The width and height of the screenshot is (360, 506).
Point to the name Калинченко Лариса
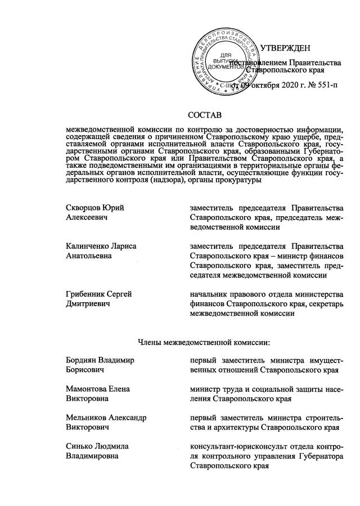tap(101, 246)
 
